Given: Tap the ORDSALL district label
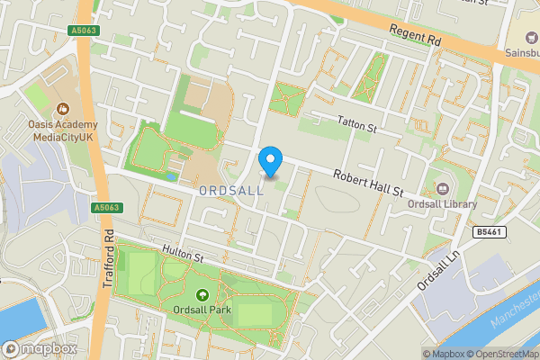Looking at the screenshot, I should tap(230, 191).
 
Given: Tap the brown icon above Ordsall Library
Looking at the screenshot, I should tap(442, 188).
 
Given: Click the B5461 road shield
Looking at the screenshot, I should tap(488, 231).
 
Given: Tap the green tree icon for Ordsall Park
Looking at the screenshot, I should tap(202, 293).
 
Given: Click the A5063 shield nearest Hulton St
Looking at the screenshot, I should tap(105, 208).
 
